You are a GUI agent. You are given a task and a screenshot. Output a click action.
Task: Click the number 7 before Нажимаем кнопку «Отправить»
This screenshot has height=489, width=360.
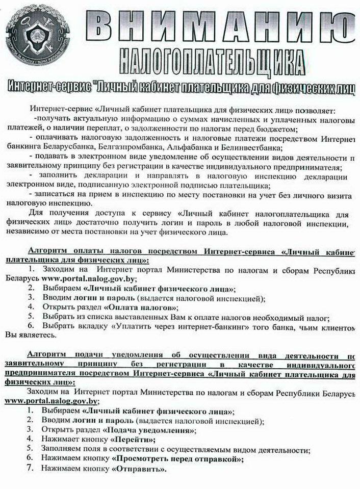point(31,468)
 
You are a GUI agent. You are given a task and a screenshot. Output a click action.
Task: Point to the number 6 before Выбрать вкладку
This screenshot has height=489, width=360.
point(31,326)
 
